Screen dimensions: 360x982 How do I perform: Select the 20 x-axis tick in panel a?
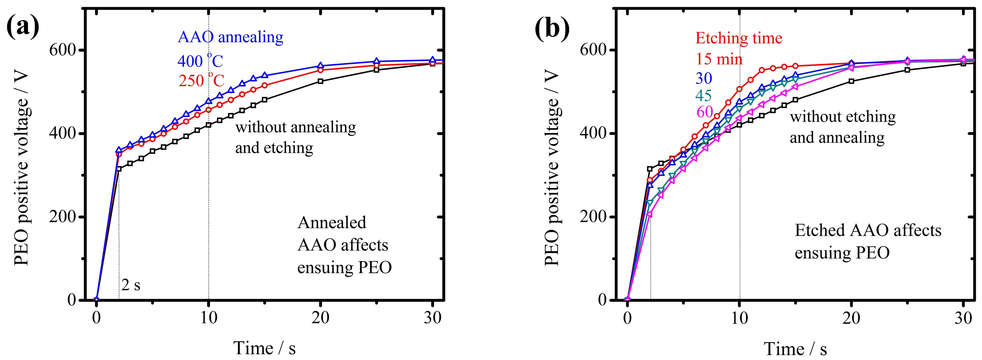[320, 317]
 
